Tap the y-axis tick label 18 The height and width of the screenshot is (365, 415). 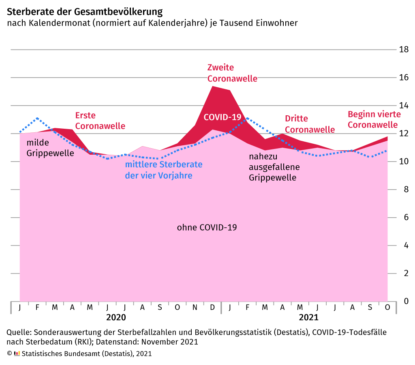(x=404, y=50)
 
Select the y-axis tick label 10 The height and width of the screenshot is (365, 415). (x=404, y=162)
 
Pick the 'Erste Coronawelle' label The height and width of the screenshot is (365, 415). (x=100, y=121)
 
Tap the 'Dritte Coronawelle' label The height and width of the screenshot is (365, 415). (x=310, y=124)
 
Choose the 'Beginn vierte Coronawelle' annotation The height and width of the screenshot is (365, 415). (x=372, y=119)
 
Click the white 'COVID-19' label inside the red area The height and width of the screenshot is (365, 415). (x=222, y=117)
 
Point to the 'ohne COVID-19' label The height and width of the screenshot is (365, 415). (x=207, y=227)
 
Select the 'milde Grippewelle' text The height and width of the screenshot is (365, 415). (x=50, y=148)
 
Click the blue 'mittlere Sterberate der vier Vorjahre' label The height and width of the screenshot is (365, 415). (x=163, y=170)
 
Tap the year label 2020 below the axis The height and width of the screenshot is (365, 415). (x=116, y=317)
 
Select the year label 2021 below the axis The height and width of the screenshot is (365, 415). (x=308, y=317)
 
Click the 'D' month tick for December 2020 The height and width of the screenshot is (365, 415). (x=212, y=307)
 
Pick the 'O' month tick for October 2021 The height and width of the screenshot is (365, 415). (x=387, y=307)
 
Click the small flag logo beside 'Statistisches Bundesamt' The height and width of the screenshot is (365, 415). (x=17, y=353)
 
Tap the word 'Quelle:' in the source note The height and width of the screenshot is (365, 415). (x=19, y=332)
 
